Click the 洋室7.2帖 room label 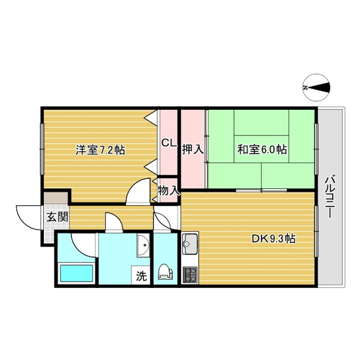100,150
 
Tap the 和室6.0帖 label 262,149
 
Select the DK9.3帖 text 274,239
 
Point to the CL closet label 169,143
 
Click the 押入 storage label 193,149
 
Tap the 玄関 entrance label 58,217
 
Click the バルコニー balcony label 330,197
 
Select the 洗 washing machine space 141,275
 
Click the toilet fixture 164,272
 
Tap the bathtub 76,273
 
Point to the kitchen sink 190,244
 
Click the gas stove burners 190,275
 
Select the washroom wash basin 143,245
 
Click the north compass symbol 317,88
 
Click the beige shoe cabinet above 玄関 56,197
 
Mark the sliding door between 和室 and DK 261,190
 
